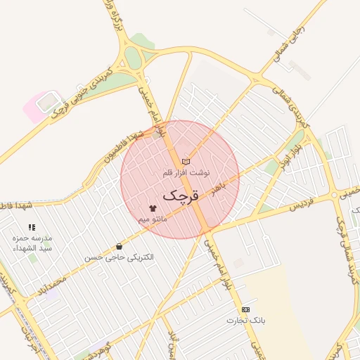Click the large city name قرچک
[181, 195]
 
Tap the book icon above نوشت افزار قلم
[186, 162]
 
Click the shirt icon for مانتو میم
[153, 209]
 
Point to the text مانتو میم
[153, 219]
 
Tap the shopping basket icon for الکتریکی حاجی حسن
[118, 247]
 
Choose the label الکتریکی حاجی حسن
[118, 257]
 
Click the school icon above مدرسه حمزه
[31, 227]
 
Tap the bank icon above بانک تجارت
[245, 309]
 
